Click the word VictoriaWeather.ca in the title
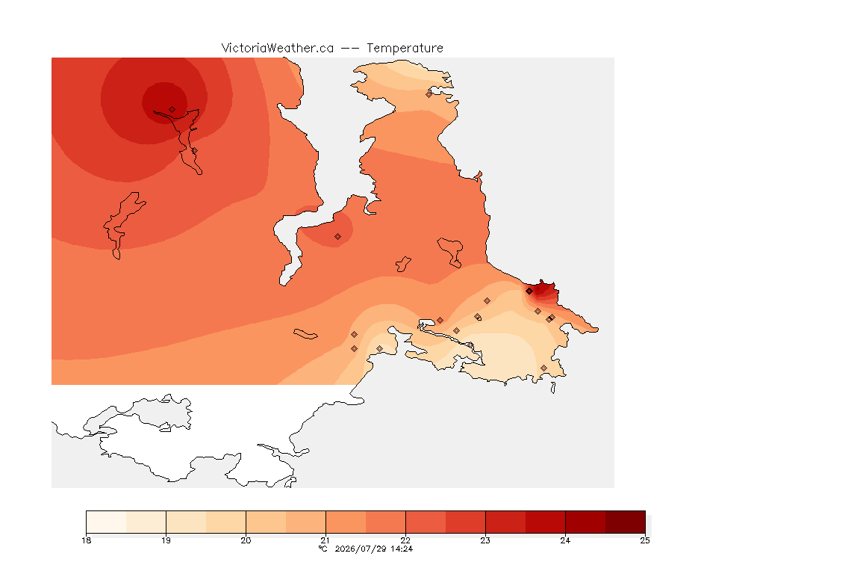click(278, 49)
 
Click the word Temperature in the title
click(405, 49)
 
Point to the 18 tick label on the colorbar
click(86, 540)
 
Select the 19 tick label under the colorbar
click(166, 540)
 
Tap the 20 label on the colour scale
click(246, 540)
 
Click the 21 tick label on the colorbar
click(325, 540)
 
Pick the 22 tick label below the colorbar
click(405, 540)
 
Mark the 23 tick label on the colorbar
click(485, 540)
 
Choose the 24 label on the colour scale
click(565, 540)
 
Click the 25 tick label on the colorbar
click(645, 540)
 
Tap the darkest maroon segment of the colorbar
click(626, 522)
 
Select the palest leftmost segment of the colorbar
click(107, 522)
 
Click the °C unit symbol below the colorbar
click(323, 549)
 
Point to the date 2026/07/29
click(361, 549)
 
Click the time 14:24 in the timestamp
click(402, 549)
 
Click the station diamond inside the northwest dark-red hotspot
click(172, 110)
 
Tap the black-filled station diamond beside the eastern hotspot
click(529, 291)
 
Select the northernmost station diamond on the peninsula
click(429, 94)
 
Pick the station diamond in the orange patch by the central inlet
click(338, 237)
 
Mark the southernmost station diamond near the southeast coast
click(543, 368)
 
